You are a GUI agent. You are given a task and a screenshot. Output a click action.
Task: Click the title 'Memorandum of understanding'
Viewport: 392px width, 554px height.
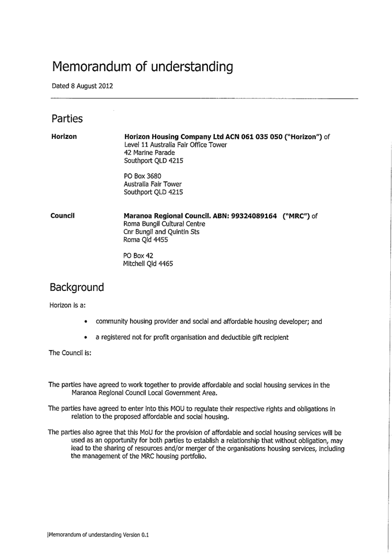coord(142,67)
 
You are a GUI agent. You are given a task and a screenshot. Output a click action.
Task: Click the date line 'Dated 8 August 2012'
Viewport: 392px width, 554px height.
coord(82,86)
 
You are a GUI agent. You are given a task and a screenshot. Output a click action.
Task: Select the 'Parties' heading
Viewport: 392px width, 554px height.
coord(67,118)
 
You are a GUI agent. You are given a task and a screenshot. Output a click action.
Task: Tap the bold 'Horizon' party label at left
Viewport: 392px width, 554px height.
coord(64,136)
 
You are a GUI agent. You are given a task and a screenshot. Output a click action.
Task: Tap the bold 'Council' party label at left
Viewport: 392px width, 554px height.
coord(62,216)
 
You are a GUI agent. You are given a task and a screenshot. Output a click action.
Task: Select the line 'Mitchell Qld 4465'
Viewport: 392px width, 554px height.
coord(148,263)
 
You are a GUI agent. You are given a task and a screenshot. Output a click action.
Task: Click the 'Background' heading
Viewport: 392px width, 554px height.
coord(77,287)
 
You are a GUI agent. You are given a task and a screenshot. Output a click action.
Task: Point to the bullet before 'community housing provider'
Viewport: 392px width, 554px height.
coord(86,321)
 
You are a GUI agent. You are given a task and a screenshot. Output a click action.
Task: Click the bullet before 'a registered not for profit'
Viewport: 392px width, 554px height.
coord(86,337)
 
